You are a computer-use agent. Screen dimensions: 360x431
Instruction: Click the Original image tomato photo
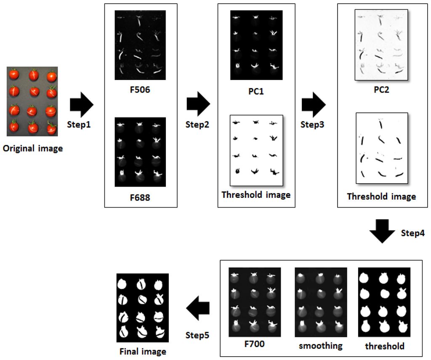click(32, 101)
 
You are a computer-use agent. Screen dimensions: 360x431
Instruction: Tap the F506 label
click(140, 90)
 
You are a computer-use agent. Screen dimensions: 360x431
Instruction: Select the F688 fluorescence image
click(140, 152)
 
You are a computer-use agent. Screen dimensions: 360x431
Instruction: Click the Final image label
click(143, 351)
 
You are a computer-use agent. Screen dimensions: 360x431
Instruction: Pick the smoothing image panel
click(321, 302)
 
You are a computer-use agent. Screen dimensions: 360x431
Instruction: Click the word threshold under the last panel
click(384, 346)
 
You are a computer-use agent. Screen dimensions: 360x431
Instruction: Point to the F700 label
click(254, 344)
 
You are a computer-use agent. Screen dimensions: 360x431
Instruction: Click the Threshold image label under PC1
click(256, 195)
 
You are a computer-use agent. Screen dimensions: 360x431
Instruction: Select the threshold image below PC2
click(382, 148)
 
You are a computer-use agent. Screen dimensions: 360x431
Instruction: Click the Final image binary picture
click(142, 308)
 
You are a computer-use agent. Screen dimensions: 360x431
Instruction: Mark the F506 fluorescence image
click(140, 45)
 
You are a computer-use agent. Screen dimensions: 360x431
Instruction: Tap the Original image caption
click(32, 148)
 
